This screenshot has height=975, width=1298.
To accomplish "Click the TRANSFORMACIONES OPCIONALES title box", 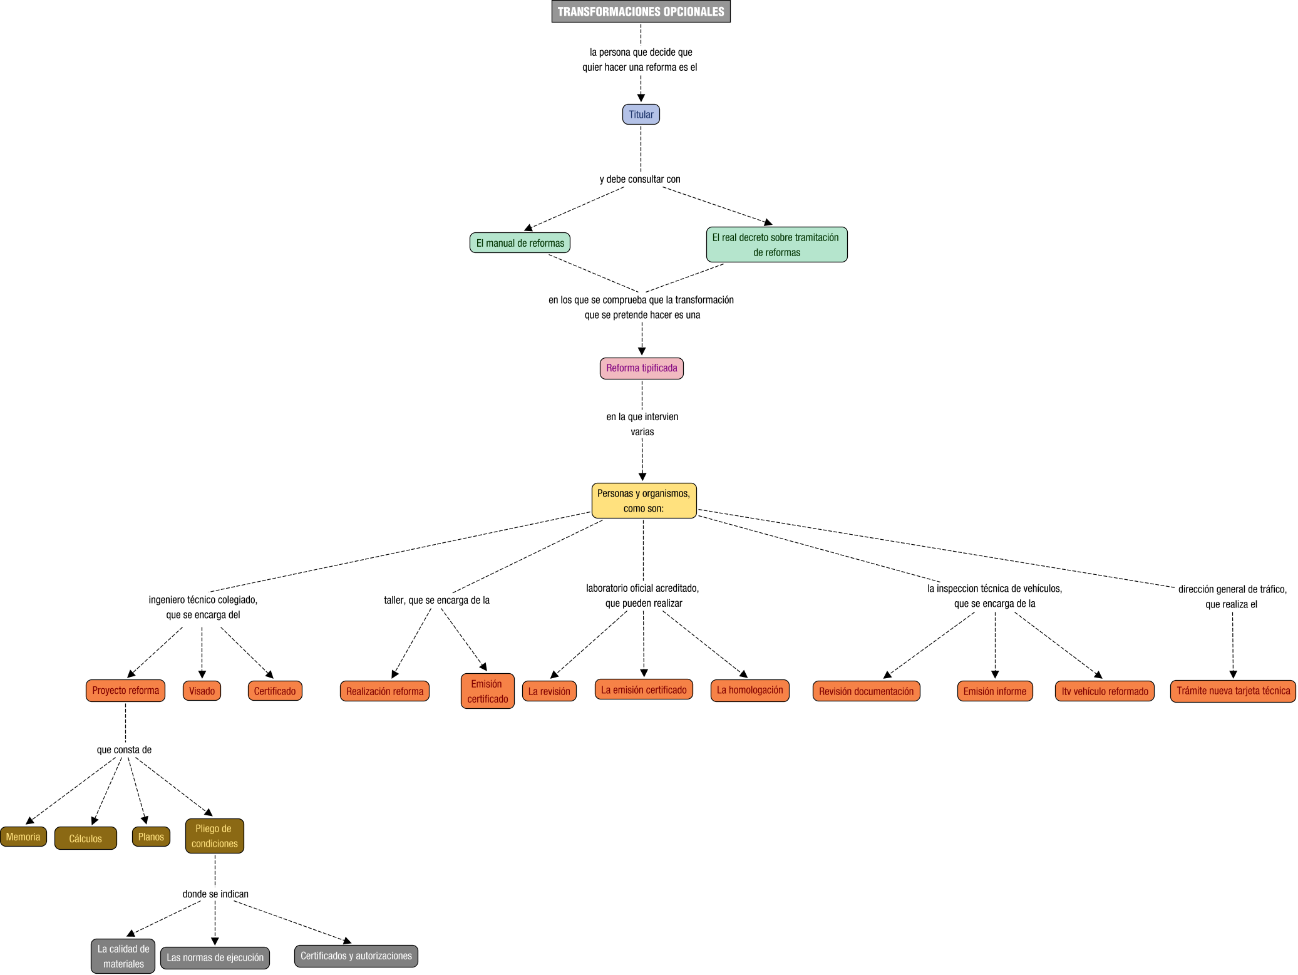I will [641, 11].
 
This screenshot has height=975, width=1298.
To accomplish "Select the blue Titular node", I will [641, 115].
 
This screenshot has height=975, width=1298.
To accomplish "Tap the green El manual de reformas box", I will [520, 243].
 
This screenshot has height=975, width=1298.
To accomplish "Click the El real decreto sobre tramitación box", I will [776, 245].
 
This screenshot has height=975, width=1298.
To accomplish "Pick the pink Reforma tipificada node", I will [641, 368].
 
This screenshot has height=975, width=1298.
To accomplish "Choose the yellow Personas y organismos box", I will [643, 501].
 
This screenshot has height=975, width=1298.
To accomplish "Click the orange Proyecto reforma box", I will [125, 691].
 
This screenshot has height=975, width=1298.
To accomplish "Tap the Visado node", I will [202, 691].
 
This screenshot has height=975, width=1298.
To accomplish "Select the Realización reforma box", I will [384, 691].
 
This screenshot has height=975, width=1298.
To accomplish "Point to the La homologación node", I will [749, 690].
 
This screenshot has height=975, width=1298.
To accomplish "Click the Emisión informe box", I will [994, 691].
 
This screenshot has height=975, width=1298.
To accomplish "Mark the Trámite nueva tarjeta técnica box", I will [1232, 691].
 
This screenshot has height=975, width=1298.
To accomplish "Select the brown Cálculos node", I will [85, 838].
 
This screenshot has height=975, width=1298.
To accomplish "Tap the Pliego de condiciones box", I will [214, 836].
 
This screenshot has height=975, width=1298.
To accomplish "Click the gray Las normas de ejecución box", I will [215, 957].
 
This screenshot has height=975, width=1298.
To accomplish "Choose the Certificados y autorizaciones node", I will [356, 956].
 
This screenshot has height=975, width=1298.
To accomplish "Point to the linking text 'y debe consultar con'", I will [640, 179].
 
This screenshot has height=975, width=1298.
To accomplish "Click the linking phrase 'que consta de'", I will [124, 750].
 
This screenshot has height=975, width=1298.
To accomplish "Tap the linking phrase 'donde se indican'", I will [215, 894].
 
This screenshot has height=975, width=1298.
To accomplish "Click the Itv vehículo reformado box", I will [1105, 691].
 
